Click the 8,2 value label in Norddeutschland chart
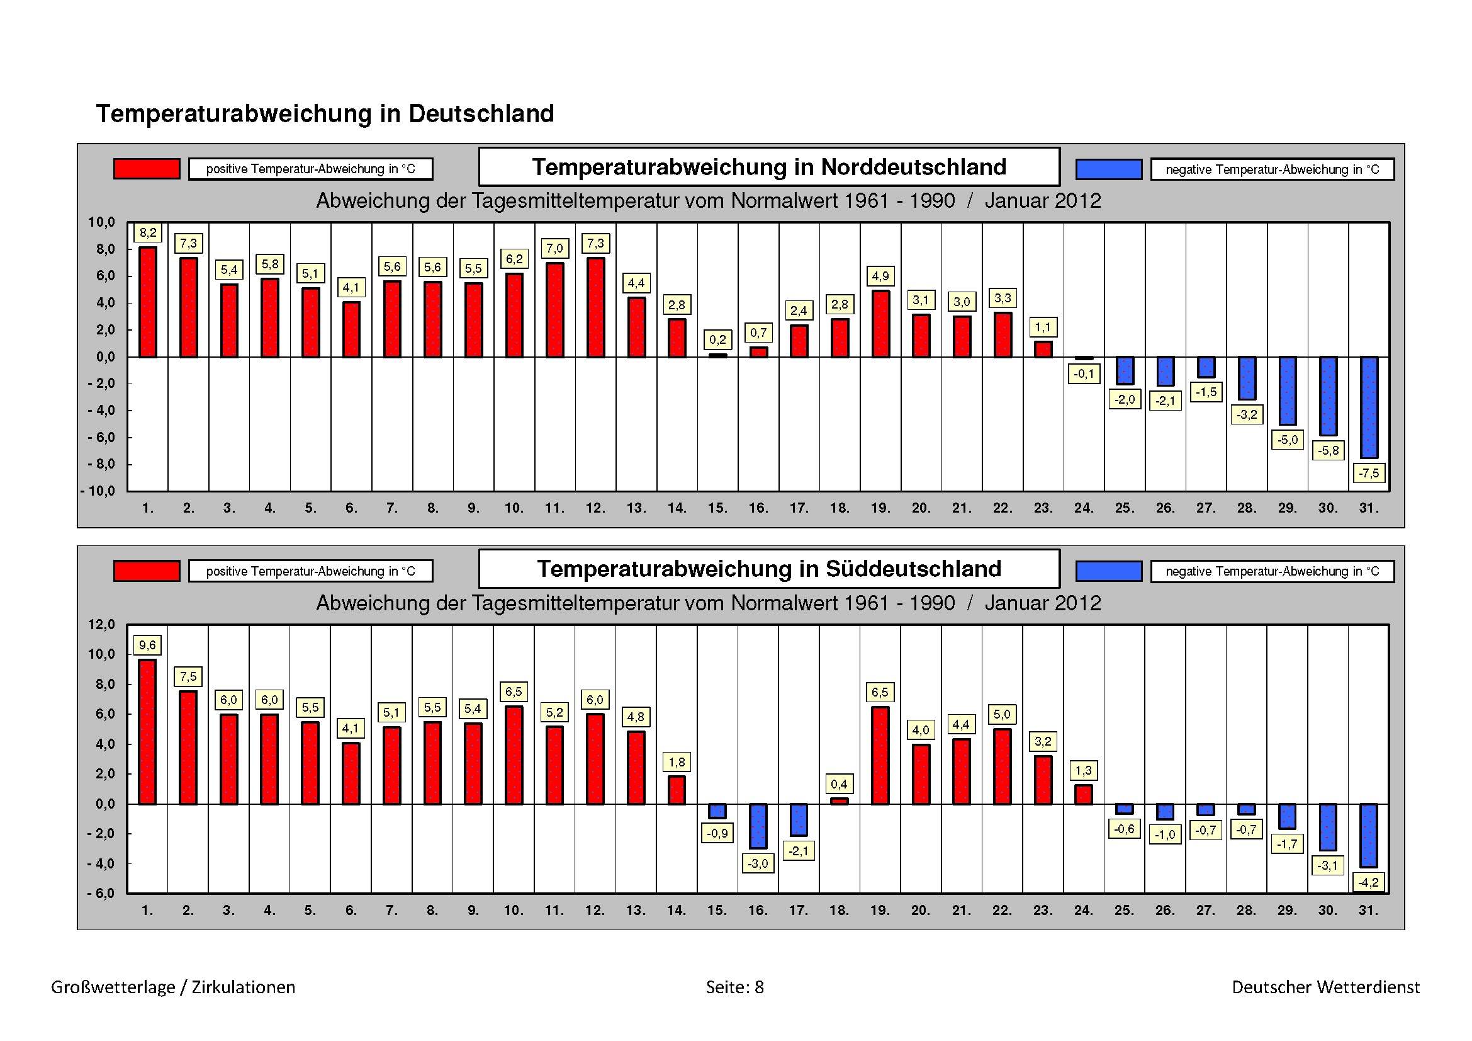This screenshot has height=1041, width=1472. (x=147, y=233)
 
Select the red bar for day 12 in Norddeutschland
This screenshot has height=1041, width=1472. (x=595, y=307)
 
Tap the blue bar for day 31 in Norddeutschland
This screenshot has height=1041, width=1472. (x=1369, y=407)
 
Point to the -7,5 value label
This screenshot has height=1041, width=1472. (x=1369, y=474)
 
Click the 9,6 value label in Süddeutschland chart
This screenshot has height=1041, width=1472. (x=147, y=646)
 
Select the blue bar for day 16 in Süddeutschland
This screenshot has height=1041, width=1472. (x=758, y=826)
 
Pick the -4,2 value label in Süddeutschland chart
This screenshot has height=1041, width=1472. (x=1368, y=882)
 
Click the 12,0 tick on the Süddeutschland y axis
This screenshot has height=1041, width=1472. (x=101, y=625)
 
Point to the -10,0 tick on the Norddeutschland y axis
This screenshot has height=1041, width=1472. (x=98, y=491)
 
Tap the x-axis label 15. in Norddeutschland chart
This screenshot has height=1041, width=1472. (x=717, y=508)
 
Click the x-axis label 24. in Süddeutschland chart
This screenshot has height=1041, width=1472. (x=1084, y=910)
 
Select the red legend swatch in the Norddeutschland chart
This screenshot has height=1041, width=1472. (x=147, y=169)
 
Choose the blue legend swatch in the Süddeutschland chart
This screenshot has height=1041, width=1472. (x=1108, y=571)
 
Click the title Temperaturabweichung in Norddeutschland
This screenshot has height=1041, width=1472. (x=768, y=167)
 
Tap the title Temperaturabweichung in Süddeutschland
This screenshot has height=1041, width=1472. (x=768, y=569)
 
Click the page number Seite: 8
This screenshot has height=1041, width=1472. (x=734, y=987)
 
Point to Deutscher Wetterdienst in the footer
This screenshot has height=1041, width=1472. (x=1325, y=987)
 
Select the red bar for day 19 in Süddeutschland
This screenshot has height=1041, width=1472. (x=880, y=756)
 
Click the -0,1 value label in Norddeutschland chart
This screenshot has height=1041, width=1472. (x=1084, y=374)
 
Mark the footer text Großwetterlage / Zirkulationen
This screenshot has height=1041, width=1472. (x=173, y=987)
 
